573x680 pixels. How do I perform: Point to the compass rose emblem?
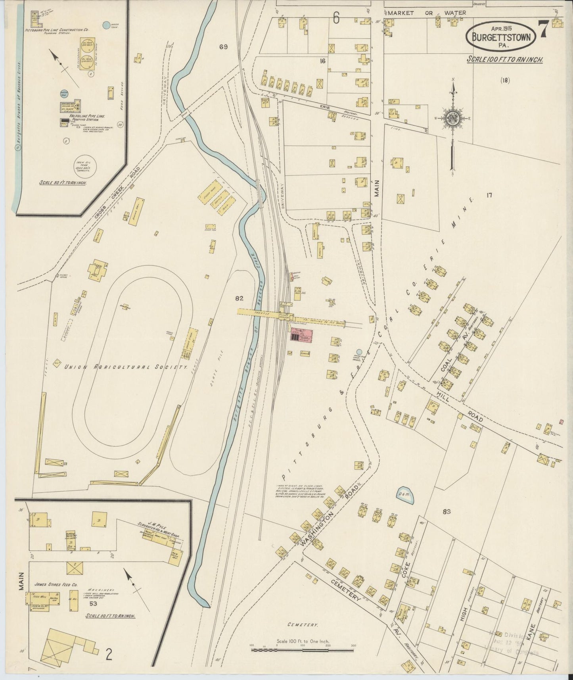(x=452, y=119)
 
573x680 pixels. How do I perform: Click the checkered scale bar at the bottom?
(x=303, y=650)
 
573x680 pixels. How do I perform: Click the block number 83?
(x=447, y=511)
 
